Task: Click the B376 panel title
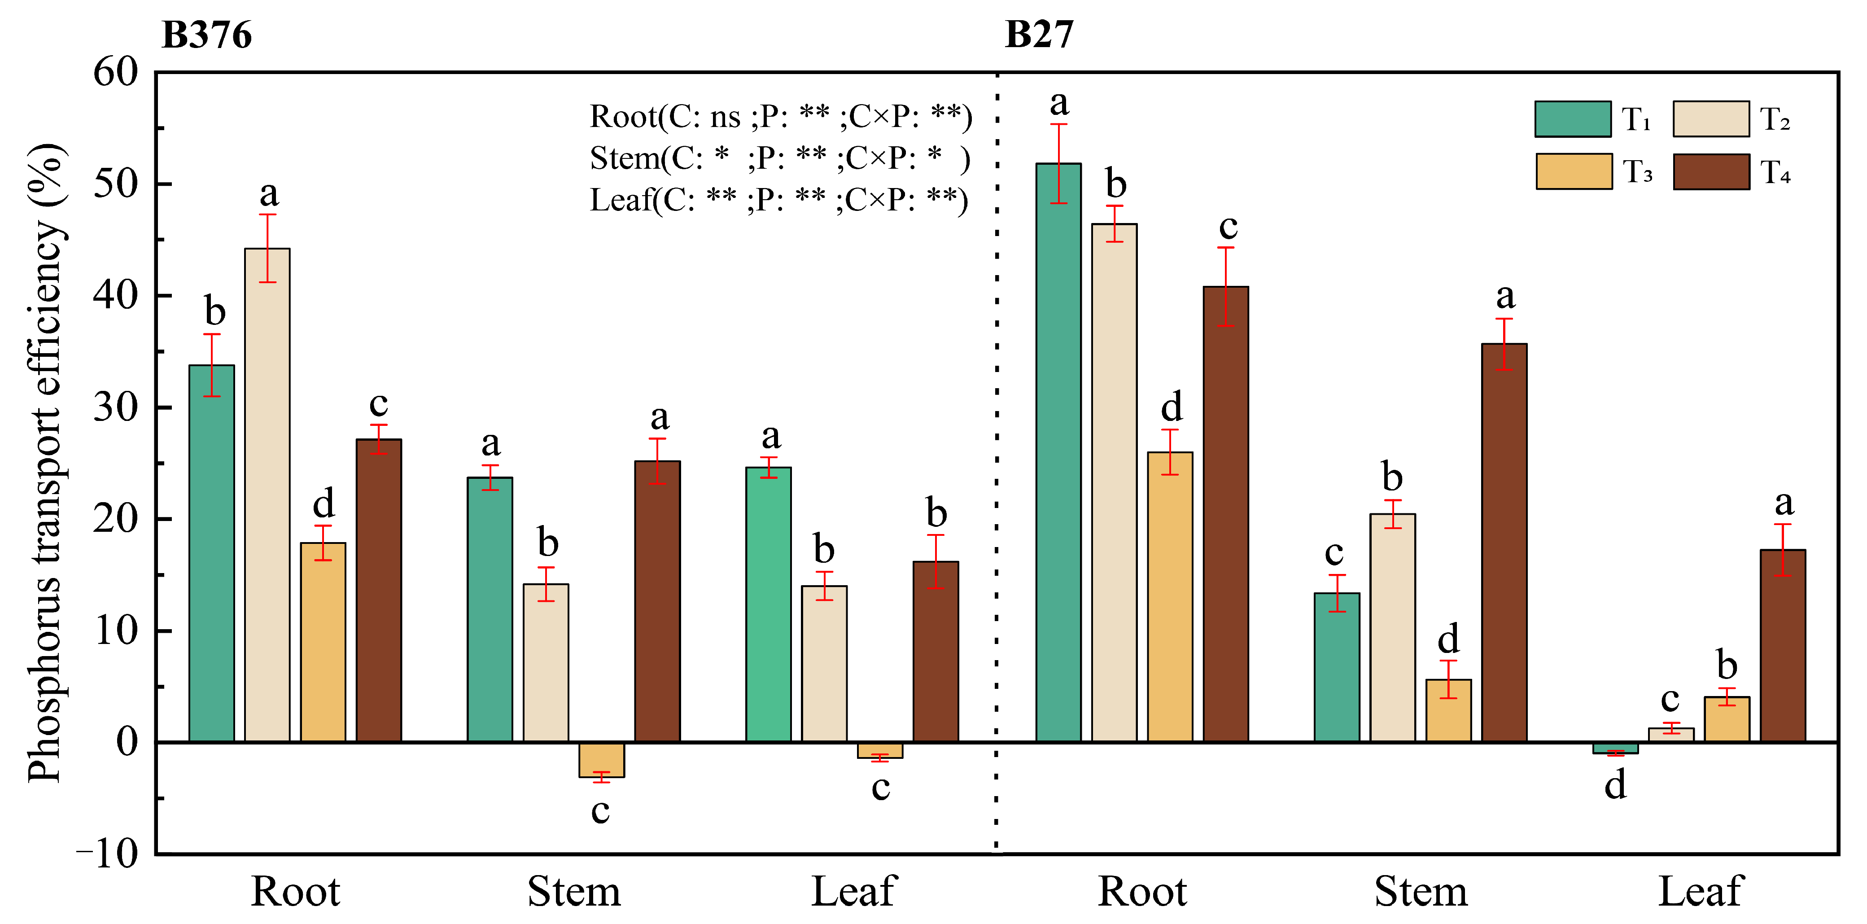(x=206, y=35)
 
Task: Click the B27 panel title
(x=1039, y=35)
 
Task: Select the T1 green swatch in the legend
(x=1572, y=119)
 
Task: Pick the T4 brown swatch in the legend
(x=1711, y=172)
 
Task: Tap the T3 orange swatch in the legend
(x=1574, y=172)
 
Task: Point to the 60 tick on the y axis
(x=116, y=72)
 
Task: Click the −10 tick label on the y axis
(x=107, y=854)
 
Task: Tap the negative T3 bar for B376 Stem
(x=602, y=759)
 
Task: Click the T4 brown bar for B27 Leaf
(x=1783, y=645)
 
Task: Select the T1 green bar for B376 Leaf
(x=768, y=604)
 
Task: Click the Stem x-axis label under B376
(x=574, y=891)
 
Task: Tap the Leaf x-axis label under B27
(x=1700, y=891)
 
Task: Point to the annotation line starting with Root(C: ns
(x=781, y=116)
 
